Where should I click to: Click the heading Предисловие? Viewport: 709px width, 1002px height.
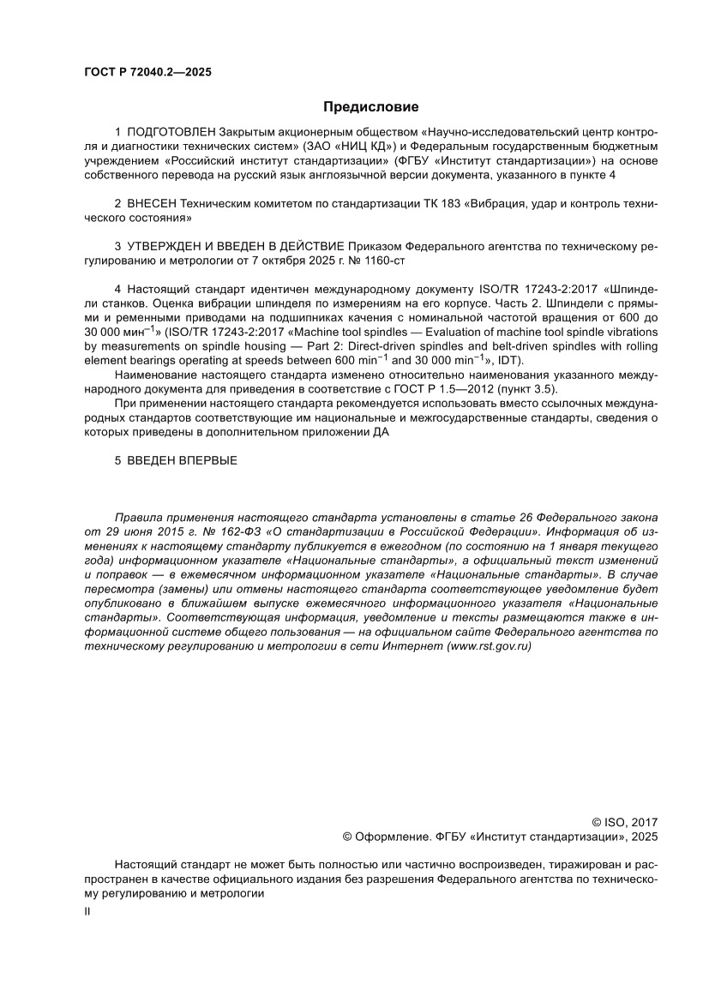(x=370, y=107)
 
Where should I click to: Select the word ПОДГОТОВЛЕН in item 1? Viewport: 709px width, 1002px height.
(x=171, y=135)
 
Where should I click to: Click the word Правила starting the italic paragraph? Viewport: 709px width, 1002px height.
(x=138, y=517)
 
